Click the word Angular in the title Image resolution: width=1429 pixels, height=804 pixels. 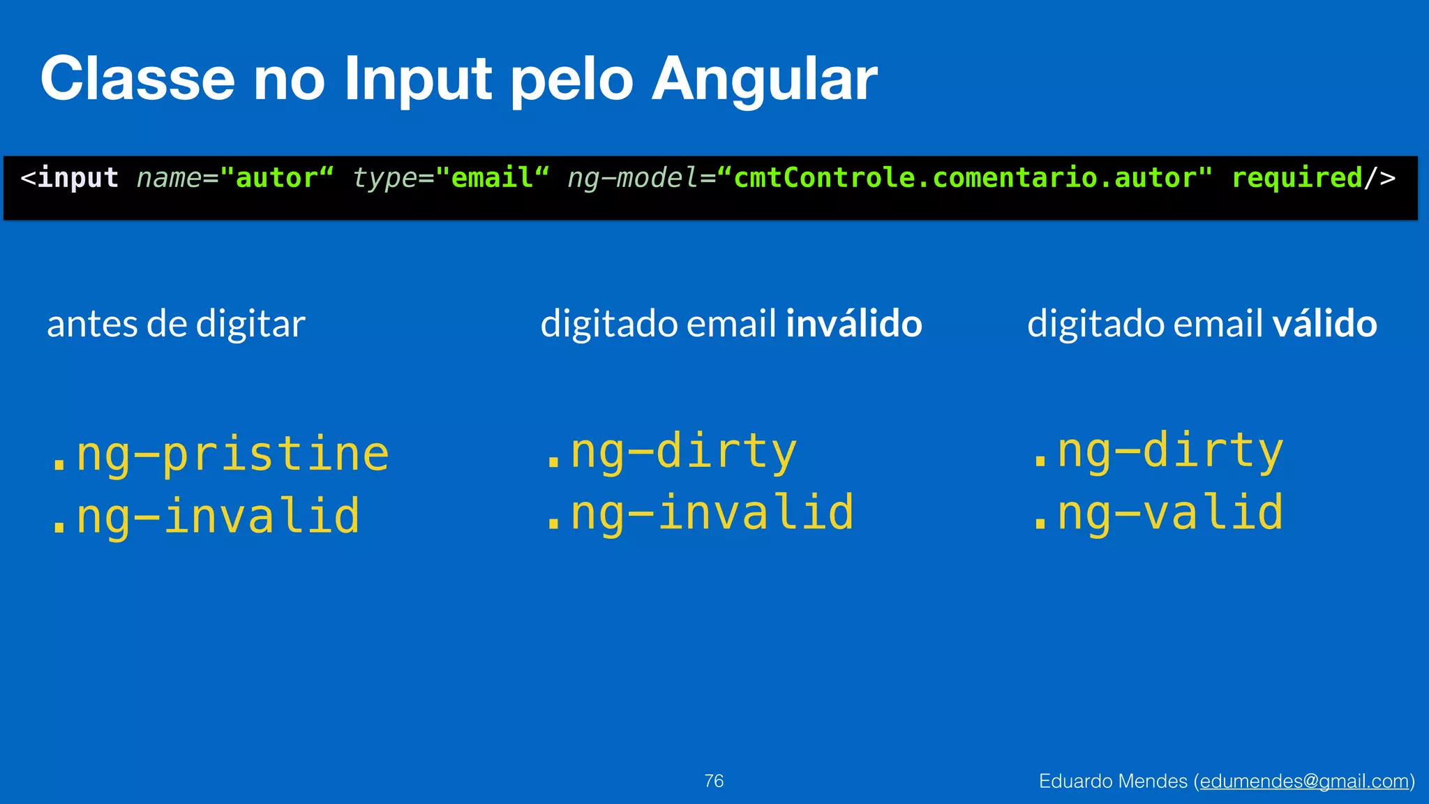pyautogui.click(x=764, y=80)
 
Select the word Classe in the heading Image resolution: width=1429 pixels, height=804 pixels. pyautogui.click(x=137, y=80)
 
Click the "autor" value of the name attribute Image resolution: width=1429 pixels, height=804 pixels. pyautogui.click(x=277, y=178)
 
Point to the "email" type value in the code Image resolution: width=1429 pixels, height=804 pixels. pyautogui.click(x=493, y=178)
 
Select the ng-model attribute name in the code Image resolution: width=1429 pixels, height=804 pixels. pyautogui.click(x=632, y=178)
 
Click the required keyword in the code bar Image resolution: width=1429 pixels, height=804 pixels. pyautogui.click(x=1296, y=178)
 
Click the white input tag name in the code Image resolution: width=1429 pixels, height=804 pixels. pyautogui.click(x=77, y=178)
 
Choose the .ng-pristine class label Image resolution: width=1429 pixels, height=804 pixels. pyautogui.click(x=219, y=454)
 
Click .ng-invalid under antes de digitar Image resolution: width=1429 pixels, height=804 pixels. pyautogui.click(x=204, y=516)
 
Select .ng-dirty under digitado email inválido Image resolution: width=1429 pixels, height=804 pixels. pyautogui.click(x=670, y=452)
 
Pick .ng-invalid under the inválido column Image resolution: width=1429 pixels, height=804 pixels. pyautogui.click(x=698, y=514)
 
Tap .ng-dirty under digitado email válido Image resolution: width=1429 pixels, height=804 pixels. pyautogui.click(x=1157, y=452)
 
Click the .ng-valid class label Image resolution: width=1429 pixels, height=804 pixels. pyautogui.click(x=1157, y=514)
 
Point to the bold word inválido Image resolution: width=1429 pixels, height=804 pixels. pyautogui.click(x=854, y=324)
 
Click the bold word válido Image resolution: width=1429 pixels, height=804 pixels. pyautogui.click(x=1324, y=324)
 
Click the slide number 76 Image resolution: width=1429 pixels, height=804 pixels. pyautogui.click(x=714, y=781)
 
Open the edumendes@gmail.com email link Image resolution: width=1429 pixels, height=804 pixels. pyautogui.click(x=1304, y=782)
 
